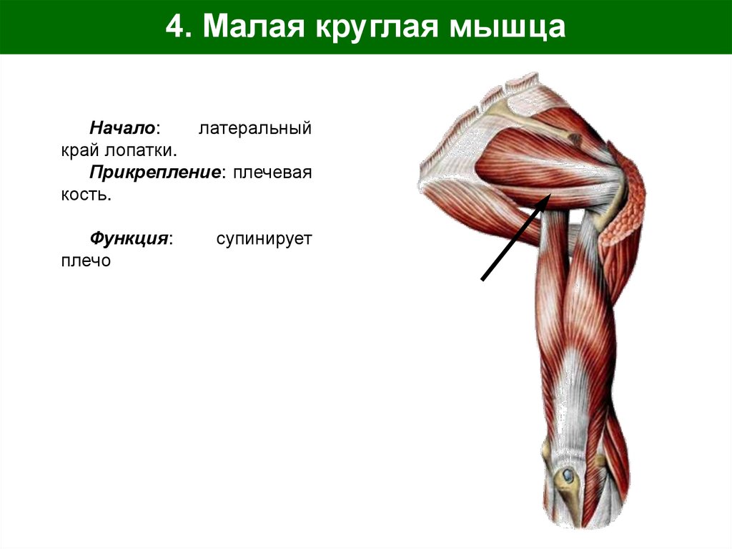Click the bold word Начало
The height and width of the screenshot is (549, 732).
123,129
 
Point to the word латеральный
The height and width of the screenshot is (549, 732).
255,129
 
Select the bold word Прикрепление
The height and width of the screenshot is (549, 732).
154,173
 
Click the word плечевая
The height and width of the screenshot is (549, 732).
271,173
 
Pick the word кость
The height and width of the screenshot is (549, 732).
86,195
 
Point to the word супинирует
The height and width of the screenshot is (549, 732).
264,238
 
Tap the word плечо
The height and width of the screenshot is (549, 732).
86,261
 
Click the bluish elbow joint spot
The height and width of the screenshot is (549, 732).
568,474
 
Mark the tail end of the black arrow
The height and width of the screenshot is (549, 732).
483,279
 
